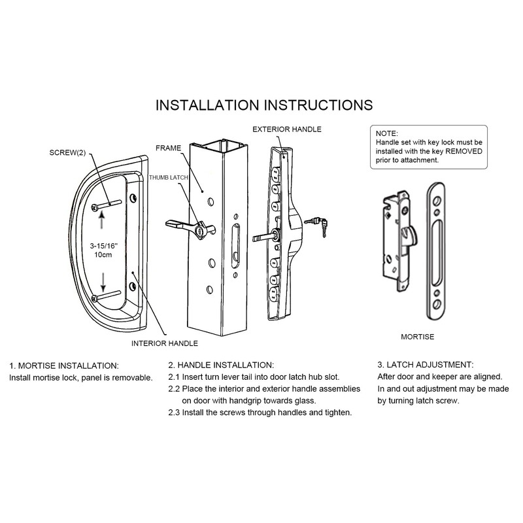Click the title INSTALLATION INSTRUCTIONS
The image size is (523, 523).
(x=263, y=105)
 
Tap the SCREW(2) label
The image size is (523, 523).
(x=67, y=152)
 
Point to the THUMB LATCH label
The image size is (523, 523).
(x=167, y=178)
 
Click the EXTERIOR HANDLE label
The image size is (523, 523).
(x=286, y=129)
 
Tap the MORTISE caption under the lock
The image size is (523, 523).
(x=416, y=337)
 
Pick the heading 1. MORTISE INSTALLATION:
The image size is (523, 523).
(x=64, y=364)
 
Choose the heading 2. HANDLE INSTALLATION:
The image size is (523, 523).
(x=221, y=364)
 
